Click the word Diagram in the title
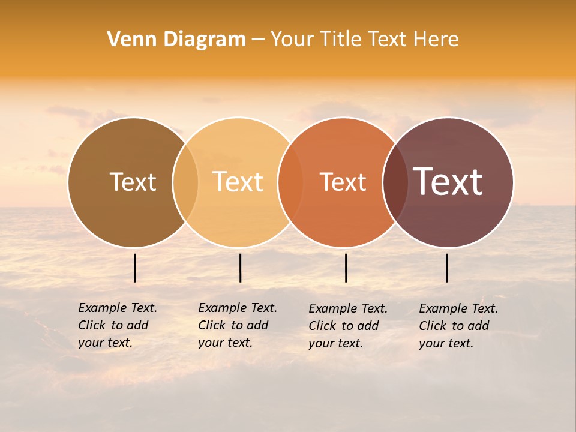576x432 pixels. click(204, 40)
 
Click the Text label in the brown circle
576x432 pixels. click(133, 182)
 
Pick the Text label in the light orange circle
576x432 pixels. click(238, 182)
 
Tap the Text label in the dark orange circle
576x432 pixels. click(343, 182)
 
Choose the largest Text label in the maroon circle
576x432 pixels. click(448, 182)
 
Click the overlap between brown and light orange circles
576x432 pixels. click(185, 182)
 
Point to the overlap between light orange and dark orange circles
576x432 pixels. click(290, 182)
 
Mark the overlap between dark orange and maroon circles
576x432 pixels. click(395, 182)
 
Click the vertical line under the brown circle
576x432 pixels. click(135, 268)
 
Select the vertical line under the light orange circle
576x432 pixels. click(240, 268)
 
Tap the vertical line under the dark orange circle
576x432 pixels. click(346, 268)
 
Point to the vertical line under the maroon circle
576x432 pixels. click(447, 268)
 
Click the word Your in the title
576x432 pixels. click(292, 40)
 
